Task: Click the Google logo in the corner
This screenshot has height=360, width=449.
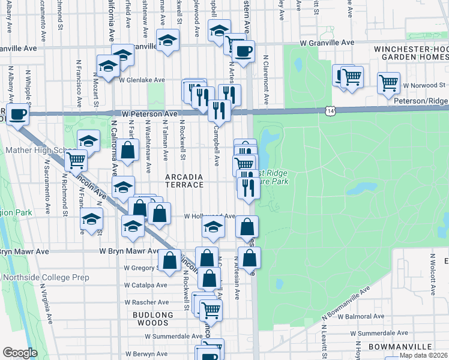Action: click(x=20, y=353)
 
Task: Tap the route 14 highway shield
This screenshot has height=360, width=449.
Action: click(x=330, y=110)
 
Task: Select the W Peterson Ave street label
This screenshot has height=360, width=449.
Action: click(x=149, y=113)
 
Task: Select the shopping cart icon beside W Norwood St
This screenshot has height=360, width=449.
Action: click(x=389, y=82)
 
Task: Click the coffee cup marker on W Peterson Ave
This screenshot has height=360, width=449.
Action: click(x=16, y=113)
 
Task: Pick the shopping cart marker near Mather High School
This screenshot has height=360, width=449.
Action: click(x=76, y=160)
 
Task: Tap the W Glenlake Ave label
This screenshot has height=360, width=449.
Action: click(x=142, y=80)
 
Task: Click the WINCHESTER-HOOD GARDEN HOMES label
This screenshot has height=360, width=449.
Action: click(x=411, y=53)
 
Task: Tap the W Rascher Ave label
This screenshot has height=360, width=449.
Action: click(x=146, y=302)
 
